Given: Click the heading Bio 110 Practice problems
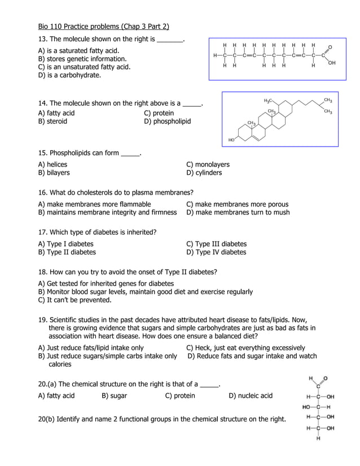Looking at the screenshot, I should pos(103,27).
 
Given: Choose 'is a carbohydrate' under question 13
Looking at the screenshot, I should pos(69,74).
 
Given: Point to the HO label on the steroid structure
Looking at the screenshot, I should pos(231,139).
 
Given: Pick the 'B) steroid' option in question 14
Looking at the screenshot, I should pos(52,121).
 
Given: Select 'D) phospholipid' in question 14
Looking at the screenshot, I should pos(168,121).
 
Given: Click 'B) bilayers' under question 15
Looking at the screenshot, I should pos(54,173).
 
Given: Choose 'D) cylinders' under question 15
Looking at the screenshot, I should pos(204,173).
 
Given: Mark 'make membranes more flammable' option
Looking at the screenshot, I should pos(94,204).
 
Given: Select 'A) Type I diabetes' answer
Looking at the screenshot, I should pos(65,244).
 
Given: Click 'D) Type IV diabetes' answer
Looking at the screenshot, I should pos(216,252).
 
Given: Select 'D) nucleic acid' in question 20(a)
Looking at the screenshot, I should pos(251,395).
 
